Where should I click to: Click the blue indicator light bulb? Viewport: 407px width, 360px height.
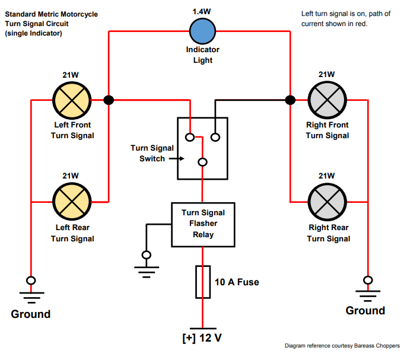[203, 31]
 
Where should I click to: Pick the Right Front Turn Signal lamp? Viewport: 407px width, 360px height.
[327, 100]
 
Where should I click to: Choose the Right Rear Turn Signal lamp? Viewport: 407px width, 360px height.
[327, 201]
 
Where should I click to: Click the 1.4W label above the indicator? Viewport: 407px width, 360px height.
[203, 11]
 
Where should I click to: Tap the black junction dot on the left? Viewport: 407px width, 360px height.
[108, 100]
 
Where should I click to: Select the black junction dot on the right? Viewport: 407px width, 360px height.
[290, 100]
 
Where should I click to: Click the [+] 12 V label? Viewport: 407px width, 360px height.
[202, 338]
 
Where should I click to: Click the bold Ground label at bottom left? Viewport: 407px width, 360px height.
[31, 314]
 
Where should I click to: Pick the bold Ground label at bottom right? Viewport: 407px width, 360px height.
[365, 311]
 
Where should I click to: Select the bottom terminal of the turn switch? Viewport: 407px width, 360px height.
[202, 162]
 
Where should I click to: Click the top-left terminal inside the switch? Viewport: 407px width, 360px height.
[189, 138]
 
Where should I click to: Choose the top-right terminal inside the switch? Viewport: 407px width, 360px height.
[215, 138]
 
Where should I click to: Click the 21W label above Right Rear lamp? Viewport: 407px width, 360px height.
[327, 176]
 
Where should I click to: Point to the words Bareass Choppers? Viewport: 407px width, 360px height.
[380, 346]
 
